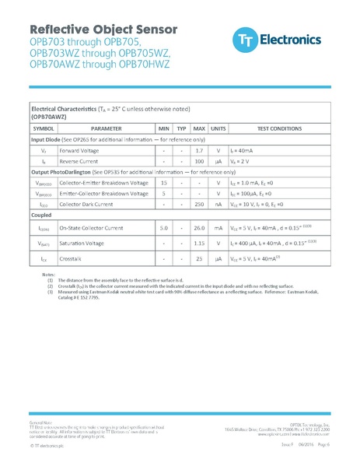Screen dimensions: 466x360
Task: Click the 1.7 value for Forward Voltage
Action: click(199, 149)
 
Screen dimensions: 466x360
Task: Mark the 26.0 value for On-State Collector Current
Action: click(199, 229)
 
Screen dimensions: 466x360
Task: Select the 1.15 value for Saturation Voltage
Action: click(199, 244)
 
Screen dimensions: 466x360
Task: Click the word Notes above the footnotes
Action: click(48, 275)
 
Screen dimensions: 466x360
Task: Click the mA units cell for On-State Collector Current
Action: click(218, 229)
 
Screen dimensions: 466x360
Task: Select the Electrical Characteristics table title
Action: click(110, 109)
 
